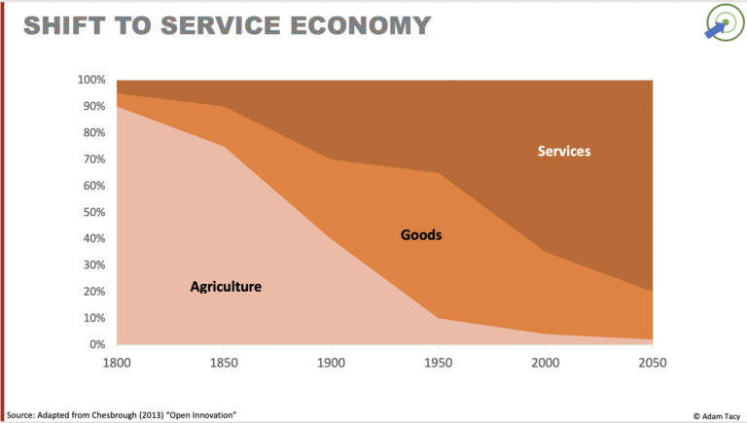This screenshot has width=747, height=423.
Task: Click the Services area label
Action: tap(564, 151)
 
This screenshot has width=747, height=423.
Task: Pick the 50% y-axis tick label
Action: tap(94, 212)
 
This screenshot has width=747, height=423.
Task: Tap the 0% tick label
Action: tap(97, 344)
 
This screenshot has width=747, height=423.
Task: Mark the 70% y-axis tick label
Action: tap(94, 159)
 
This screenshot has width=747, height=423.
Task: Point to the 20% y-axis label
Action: tap(94, 292)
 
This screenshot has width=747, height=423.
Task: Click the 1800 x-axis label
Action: tap(117, 362)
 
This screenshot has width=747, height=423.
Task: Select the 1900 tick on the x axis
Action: tap(331, 362)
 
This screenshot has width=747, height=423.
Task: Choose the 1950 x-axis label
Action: tap(438, 362)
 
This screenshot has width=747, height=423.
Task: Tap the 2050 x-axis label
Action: tap(651, 362)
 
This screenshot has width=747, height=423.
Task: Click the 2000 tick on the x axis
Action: tap(545, 362)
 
